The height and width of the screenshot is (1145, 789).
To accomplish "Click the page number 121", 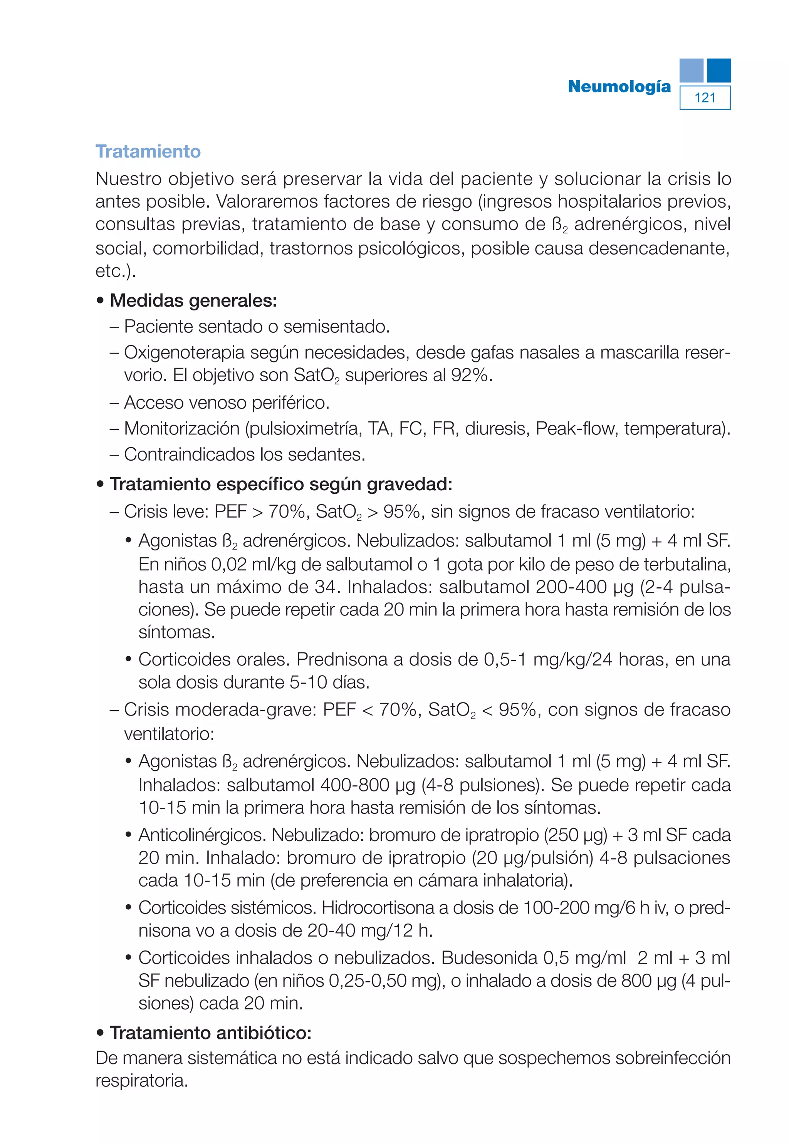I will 705,98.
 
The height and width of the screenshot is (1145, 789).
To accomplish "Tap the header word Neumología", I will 619,87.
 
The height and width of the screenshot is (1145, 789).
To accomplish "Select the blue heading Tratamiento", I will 148,151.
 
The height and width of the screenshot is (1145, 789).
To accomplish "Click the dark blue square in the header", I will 718,70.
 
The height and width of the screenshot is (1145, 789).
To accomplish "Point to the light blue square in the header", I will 691,70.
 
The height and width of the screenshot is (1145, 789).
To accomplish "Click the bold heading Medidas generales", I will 193,300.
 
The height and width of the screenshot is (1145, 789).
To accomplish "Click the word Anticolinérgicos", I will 202,835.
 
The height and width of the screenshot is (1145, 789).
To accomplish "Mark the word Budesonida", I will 489,958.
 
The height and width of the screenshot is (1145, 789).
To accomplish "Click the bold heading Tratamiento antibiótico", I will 211,1033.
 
